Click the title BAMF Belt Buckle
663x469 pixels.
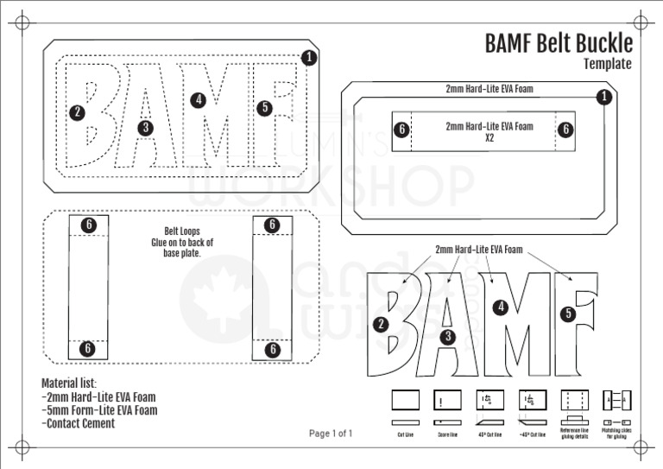[x=558, y=43]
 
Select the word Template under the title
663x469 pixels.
[x=607, y=64]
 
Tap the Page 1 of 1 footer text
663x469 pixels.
[x=331, y=434]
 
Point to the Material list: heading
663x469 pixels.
[x=69, y=383]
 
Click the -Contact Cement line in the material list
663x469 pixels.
[x=78, y=423]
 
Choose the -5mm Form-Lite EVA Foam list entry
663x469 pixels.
[x=99, y=410]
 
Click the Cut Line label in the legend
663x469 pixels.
[x=405, y=434]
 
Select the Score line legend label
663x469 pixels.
[x=447, y=434]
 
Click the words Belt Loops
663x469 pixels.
[x=182, y=231]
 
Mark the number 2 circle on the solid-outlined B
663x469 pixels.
[x=380, y=325]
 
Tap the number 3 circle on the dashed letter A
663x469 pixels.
[x=145, y=128]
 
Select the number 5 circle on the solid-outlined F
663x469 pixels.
[x=568, y=314]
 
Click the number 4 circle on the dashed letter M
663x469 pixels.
[x=199, y=99]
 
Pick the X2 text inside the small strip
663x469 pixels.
[x=489, y=137]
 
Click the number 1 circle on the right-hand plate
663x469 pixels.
[x=604, y=97]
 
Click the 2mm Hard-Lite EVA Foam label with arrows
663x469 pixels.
[x=479, y=250]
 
